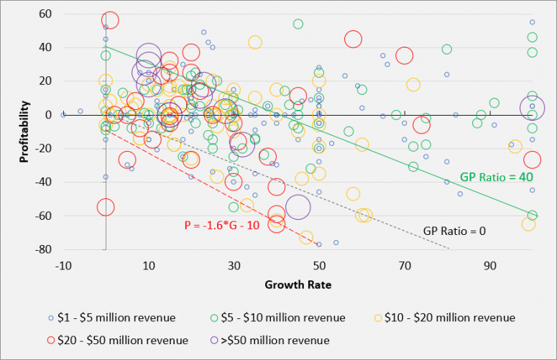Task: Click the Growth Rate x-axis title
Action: tap(298, 285)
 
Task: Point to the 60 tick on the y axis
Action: tap(45, 14)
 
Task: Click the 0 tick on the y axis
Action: tap(50, 115)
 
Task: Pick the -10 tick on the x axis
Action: tap(63, 266)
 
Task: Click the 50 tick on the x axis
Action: tap(320, 266)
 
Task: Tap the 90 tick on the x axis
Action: tap(491, 266)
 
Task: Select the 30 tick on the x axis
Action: tap(234, 266)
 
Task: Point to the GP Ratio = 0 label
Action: tap(454, 231)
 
